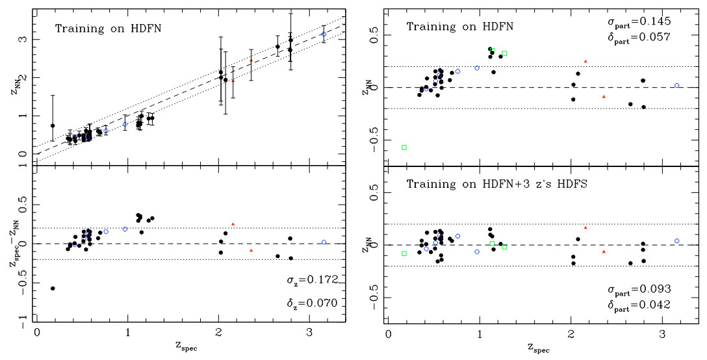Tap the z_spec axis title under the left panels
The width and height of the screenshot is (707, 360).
pos(189,346)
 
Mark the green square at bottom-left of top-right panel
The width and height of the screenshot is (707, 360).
pos(404,148)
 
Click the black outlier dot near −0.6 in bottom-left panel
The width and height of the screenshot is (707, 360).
pos(53,289)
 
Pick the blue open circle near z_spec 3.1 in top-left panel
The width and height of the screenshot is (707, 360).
pos(324,34)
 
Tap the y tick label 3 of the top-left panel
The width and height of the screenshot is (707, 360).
pos(26,39)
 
